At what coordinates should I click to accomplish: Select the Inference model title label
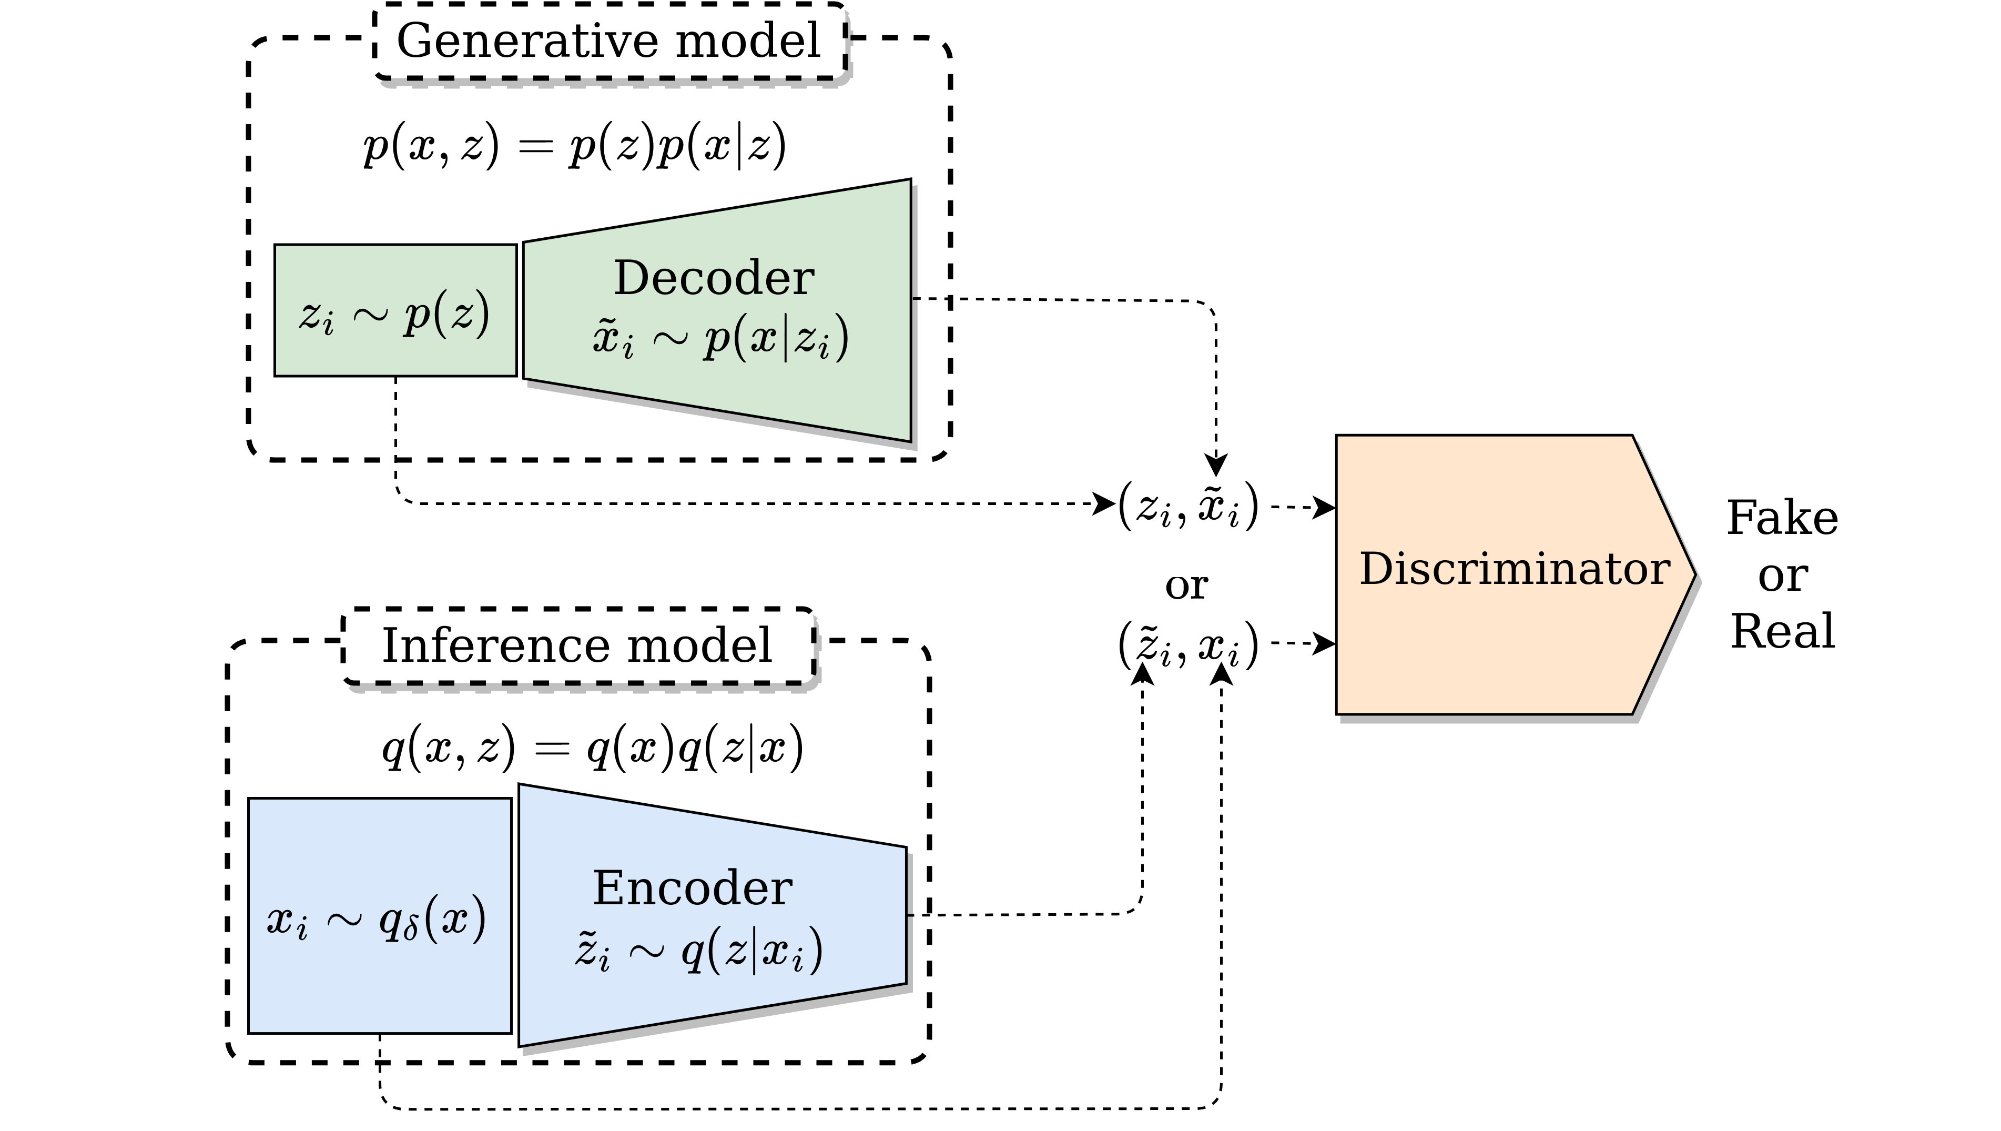pos(577,645)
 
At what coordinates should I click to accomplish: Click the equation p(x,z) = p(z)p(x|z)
pos(575,146)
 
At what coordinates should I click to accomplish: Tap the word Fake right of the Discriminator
pos(1782,518)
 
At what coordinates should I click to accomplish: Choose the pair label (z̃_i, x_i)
pos(1187,644)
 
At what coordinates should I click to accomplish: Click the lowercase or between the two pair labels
pos(1186,587)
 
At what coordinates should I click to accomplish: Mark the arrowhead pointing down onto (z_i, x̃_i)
pos(1216,466)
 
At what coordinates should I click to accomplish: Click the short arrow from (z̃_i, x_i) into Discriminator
pos(1303,643)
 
